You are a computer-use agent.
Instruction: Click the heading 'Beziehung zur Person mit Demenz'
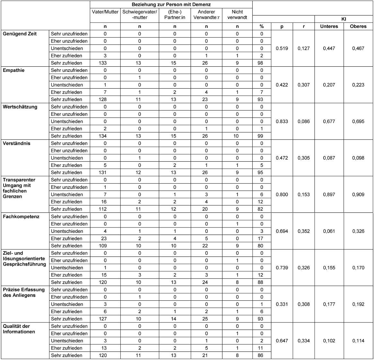click(x=171, y=4)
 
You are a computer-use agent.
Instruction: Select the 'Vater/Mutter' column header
click(x=105, y=12)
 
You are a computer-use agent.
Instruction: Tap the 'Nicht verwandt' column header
click(x=237, y=14)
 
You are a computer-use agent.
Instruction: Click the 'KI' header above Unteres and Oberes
click(x=344, y=19)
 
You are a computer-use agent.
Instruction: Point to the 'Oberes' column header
click(x=358, y=26)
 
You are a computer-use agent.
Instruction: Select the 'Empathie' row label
click(x=14, y=70)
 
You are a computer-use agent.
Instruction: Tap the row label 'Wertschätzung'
click(x=20, y=107)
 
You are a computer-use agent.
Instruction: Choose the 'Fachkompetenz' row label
click(x=21, y=217)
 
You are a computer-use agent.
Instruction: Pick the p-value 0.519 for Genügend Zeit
click(x=282, y=48)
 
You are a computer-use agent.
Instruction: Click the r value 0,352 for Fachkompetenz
click(x=304, y=231)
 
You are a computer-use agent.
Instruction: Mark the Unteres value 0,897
click(x=329, y=194)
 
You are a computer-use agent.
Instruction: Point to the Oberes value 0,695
click(x=358, y=121)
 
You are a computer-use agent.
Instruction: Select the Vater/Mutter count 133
click(x=105, y=63)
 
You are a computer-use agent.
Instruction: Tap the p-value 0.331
click(x=282, y=304)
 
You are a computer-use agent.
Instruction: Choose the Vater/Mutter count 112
click(x=105, y=209)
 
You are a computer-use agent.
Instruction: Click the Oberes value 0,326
click(x=358, y=231)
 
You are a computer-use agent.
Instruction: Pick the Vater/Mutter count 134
click(x=105, y=136)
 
